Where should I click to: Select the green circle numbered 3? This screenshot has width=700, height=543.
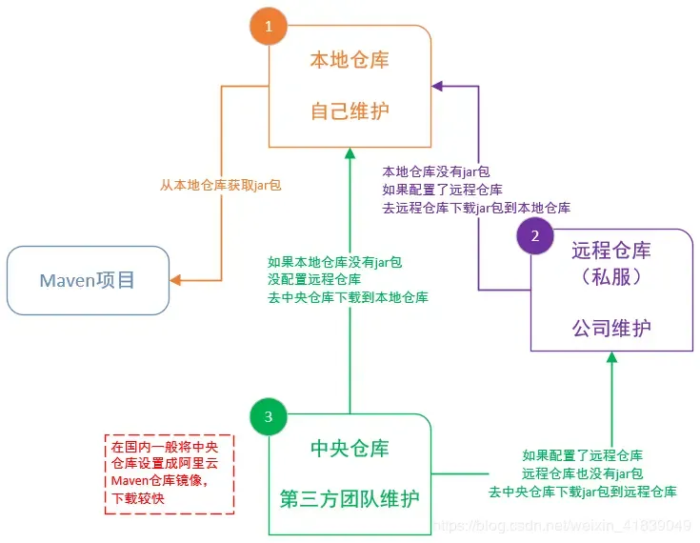click(x=268, y=416)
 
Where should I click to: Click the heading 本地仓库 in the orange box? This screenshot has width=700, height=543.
click(x=350, y=59)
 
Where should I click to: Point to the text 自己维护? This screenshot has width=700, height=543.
click(x=350, y=111)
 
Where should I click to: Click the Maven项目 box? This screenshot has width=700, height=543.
click(x=88, y=280)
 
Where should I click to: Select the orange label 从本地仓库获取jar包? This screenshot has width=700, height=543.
click(x=221, y=185)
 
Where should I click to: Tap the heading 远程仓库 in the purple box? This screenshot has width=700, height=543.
click(x=611, y=251)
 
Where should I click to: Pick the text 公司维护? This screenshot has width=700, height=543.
click(x=611, y=329)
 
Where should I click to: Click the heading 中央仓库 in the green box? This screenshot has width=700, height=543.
click(x=350, y=448)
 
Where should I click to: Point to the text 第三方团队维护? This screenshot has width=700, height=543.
click(x=350, y=498)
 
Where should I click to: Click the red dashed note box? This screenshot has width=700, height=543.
click(x=169, y=473)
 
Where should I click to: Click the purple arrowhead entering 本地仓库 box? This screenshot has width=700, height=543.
click(x=438, y=86)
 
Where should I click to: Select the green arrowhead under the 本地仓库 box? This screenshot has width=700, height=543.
click(x=350, y=154)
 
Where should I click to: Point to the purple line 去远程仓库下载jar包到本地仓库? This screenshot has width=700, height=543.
click(x=476, y=207)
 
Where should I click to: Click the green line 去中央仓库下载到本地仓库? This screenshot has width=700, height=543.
click(x=348, y=297)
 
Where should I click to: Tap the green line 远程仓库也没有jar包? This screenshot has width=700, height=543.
click(x=582, y=473)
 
